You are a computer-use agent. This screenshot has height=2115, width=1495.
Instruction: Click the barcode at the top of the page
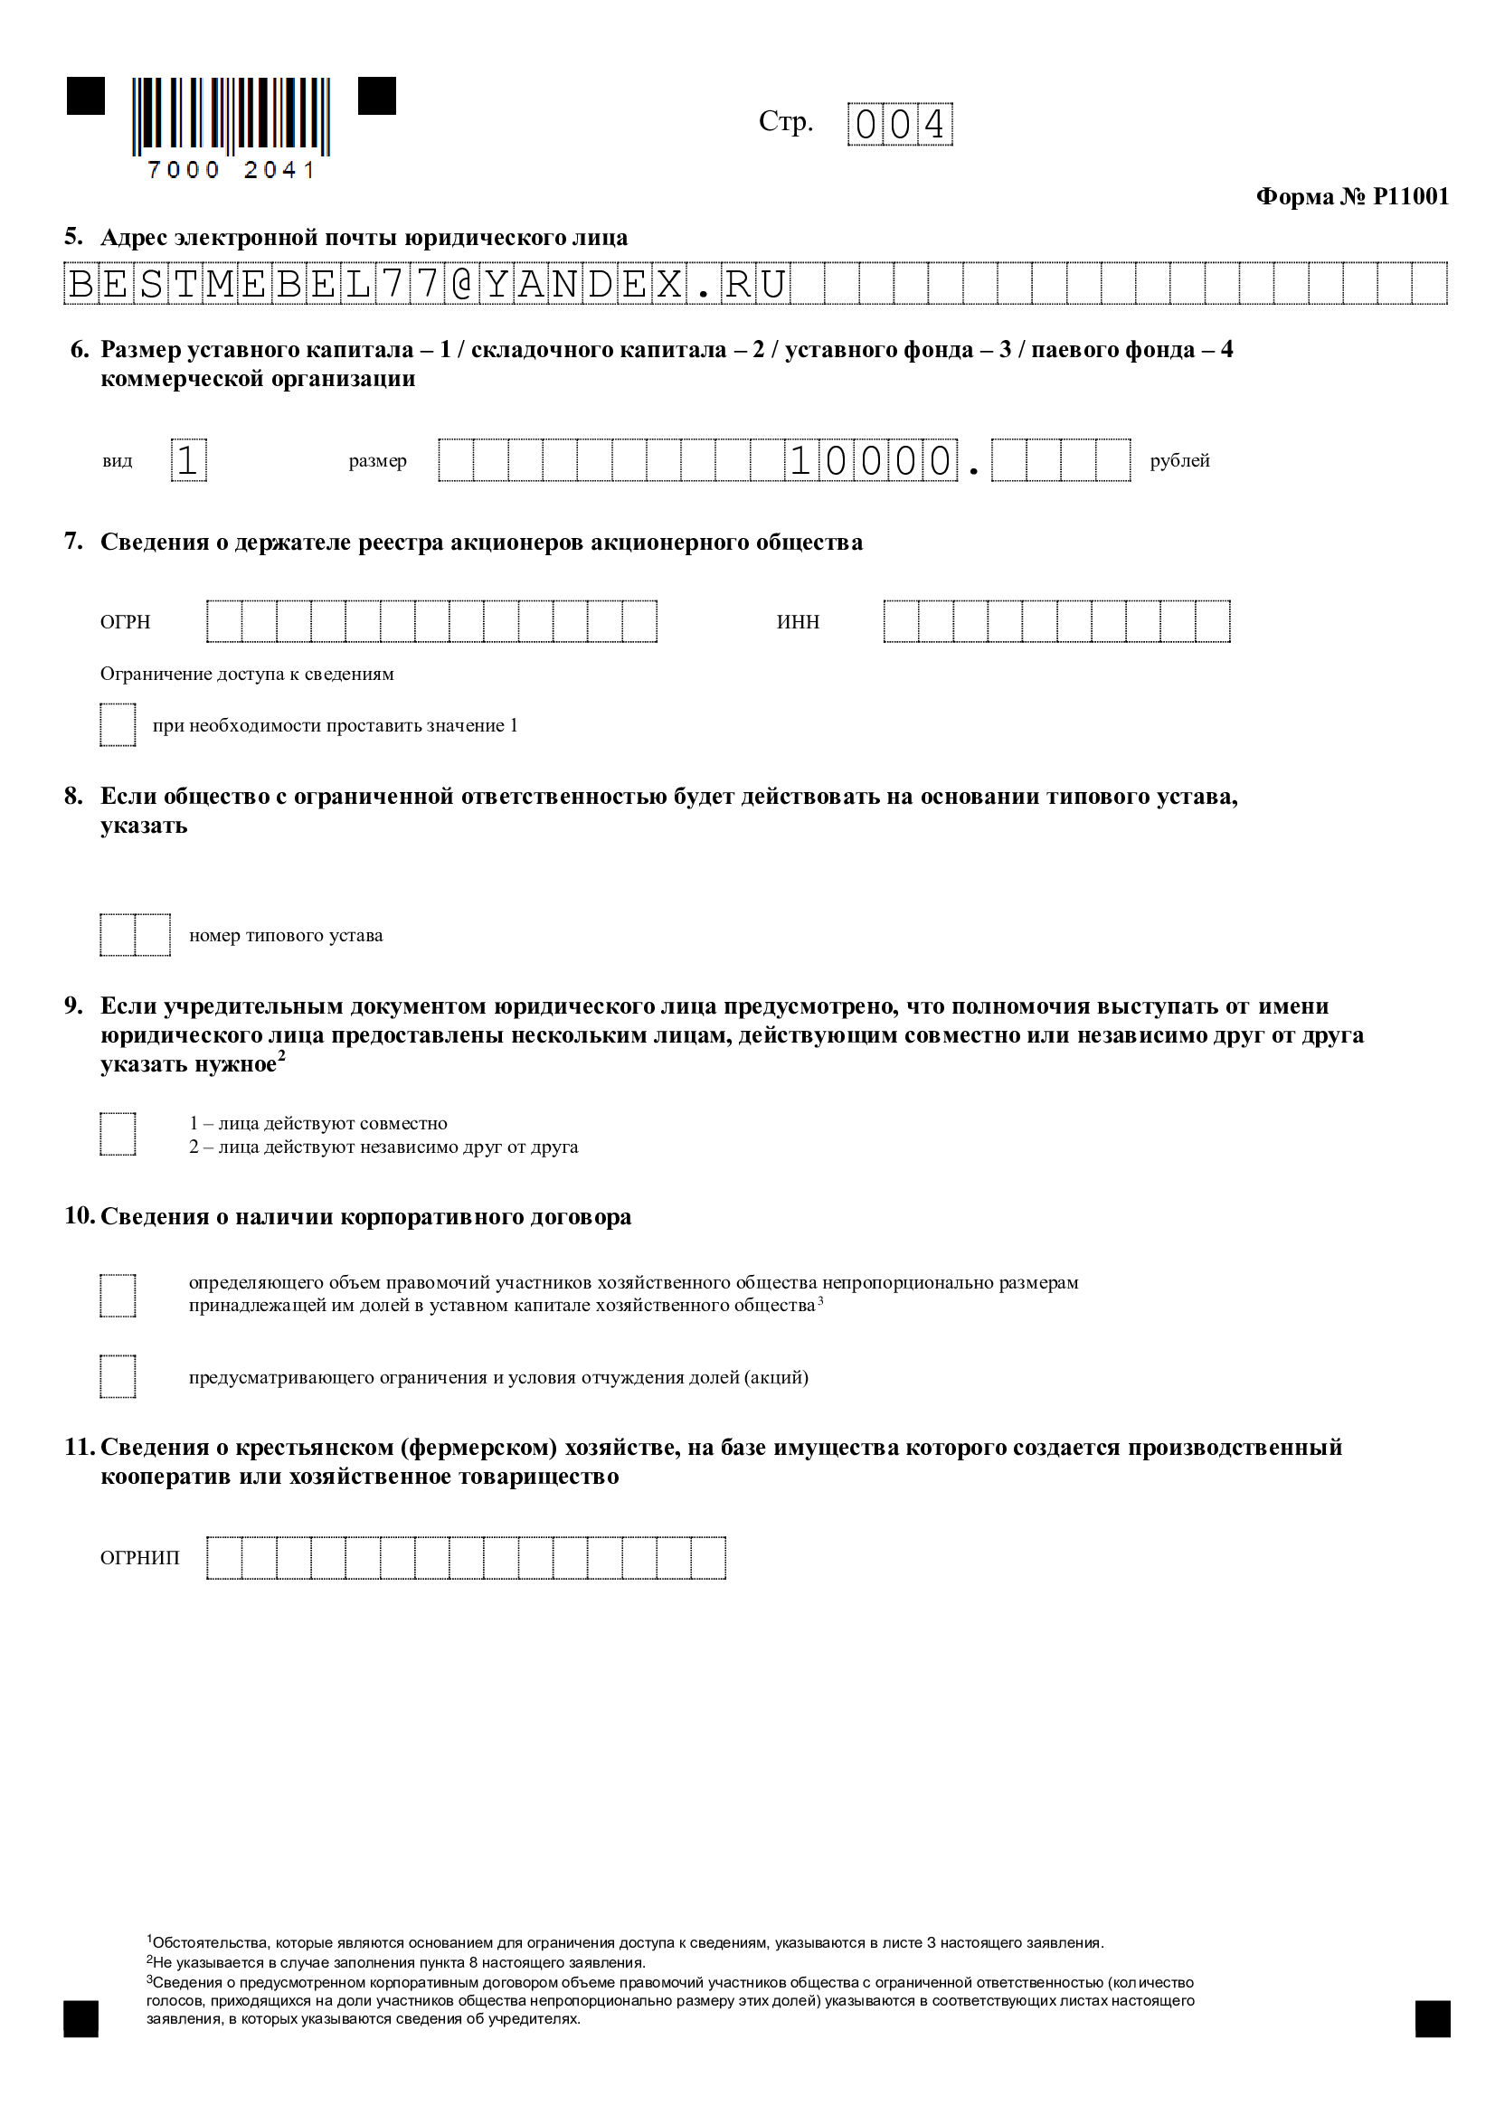click(x=231, y=116)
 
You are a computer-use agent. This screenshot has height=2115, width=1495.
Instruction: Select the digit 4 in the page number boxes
click(x=935, y=125)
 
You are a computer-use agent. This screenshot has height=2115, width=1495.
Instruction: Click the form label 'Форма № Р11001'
click(x=1351, y=196)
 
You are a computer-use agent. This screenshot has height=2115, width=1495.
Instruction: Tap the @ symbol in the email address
click(x=462, y=284)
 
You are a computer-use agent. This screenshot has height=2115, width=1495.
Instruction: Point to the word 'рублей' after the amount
click(x=1179, y=460)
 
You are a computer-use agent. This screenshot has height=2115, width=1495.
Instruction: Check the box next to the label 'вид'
click(x=189, y=460)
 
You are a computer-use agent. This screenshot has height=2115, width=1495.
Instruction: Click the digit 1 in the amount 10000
click(x=800, y=460)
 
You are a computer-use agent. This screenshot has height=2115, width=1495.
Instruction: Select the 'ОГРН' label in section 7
click(x=126, y=622)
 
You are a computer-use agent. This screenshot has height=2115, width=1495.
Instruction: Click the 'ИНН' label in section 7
click(x=798, y=622)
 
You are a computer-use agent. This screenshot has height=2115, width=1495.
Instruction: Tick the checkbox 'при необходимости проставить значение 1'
click(x=118, y=725)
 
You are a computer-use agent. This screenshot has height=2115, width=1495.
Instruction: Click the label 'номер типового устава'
click(x=286, y=935)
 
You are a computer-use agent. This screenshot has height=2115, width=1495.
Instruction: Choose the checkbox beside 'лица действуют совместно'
click(x=118, y=1134)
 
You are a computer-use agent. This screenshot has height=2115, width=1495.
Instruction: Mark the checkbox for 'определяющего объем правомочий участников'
click(x=118, y=1294)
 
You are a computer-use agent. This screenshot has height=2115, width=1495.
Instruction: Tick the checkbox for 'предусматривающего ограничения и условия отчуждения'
click(x=118, y=1376)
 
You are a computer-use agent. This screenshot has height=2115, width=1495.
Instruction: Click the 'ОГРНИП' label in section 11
click(x=140, y=1558)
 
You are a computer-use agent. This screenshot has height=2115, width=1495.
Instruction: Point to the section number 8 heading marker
click(x=73, y=796)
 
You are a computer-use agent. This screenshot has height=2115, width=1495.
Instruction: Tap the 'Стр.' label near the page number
click(x=786, y=121)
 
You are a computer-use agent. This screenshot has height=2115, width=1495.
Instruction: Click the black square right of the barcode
click(x=377, y=96)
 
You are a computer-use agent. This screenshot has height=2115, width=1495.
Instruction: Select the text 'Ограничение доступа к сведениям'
click(x=247, y=674)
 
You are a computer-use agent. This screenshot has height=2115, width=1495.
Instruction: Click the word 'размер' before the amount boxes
click(x=378, y=460)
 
